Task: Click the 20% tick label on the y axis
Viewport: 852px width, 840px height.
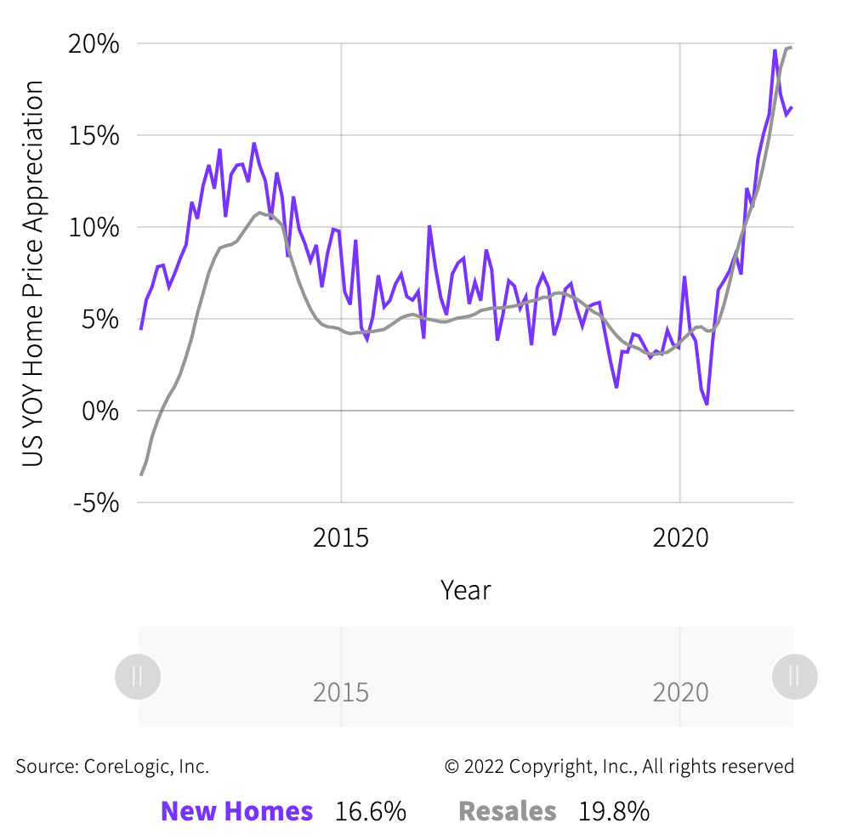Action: click(x=94, y=43)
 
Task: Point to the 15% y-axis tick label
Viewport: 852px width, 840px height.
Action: click(x=94, y=135)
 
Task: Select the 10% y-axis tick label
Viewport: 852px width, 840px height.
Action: click(x=94, y=227)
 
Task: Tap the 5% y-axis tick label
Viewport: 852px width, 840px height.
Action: click(x=100, y=319)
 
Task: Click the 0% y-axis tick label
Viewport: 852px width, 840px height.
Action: click(x=100, y=411)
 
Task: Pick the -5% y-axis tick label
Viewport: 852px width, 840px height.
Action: click(x=96, y=502)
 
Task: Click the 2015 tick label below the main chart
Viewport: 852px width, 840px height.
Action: click(x=341, y=538)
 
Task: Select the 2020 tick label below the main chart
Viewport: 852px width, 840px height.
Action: click(x=680, y=538)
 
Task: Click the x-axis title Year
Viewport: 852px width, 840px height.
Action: click(x=466, y=590)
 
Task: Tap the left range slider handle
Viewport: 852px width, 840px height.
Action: click(x=138, y=677)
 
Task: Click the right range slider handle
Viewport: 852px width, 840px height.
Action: click(x=794, y=677)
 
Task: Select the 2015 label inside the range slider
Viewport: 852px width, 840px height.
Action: click(x=341, y=692)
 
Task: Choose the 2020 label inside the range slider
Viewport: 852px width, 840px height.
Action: click(x=680, y=692)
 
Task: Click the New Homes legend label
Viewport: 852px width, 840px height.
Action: click(x=236, y=812)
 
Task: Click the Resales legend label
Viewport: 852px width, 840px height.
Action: click(x=508, y=812)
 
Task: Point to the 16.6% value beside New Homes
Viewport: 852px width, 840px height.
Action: click(x=370, y=812)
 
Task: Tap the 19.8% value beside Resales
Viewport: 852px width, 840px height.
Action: click(x=614, y=812)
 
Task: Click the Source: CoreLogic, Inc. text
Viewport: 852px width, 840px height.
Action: click(x=112, y=767)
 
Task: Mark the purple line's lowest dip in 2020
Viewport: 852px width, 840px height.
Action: click(x=707, y=404)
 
